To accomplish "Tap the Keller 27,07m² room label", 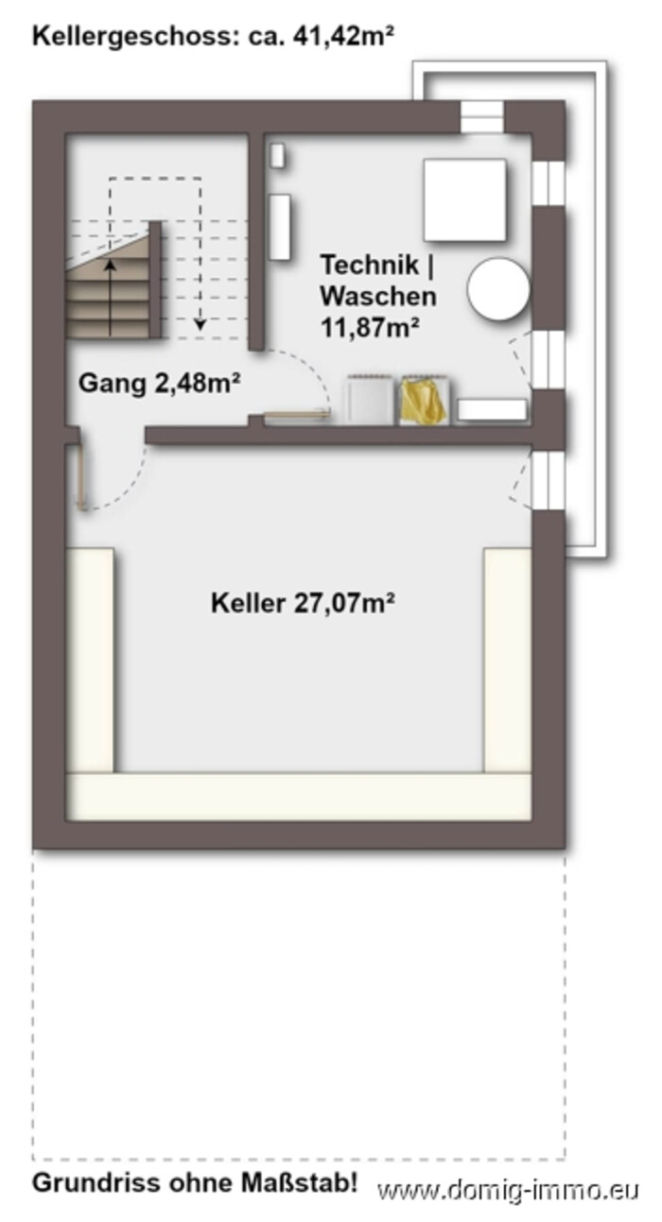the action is [303, 603].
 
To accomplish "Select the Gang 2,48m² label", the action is [160, 383].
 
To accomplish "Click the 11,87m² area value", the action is [370, 328].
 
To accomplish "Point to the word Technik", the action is [370, 265].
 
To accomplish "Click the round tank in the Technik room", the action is [498, 289].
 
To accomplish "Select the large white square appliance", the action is [464, 199].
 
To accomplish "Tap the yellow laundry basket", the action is [424, 400].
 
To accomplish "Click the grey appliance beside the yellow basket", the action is [369, 400].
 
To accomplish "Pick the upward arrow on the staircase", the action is [111, 298].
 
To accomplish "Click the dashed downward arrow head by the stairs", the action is [200, 324].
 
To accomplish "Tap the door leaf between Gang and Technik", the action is [298, 415].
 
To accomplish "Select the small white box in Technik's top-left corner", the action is [277, 156].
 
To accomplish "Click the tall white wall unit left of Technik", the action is [279, 227].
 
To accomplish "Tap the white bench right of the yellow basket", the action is [493, 410].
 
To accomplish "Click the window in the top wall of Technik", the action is [482, 116].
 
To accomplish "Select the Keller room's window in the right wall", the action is [548, 480].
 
